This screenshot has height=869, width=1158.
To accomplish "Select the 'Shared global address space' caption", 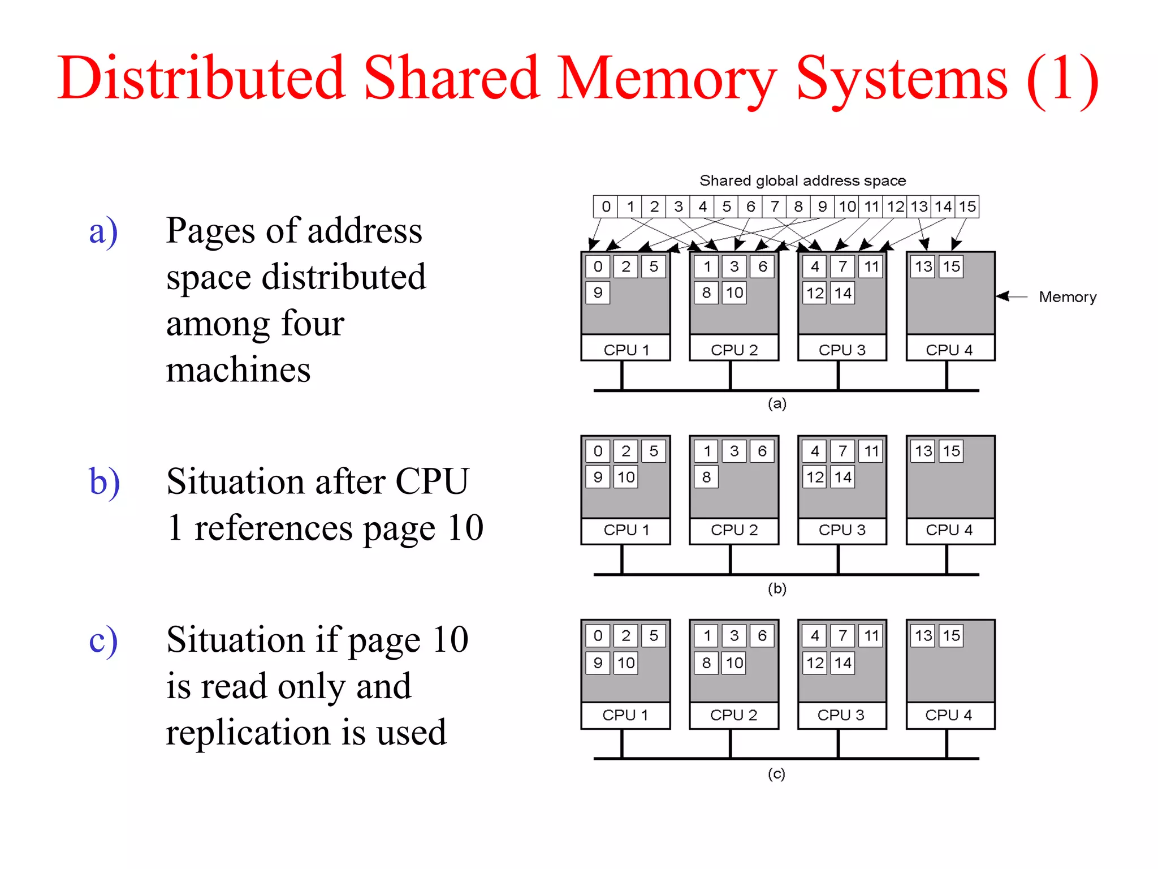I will (x=802, y=180).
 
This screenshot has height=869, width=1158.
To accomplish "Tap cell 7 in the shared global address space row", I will (x=775, y=207).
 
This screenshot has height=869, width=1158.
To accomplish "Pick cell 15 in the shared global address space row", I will (x=967, y=207).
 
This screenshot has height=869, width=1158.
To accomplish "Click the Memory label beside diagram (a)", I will (x=1067, y=297).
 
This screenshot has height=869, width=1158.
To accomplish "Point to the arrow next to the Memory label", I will (x=1011, y=296).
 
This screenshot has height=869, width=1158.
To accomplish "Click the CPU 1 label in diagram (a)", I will (x=626, y=350).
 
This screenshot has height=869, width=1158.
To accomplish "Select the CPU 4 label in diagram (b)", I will (x=949, y=530).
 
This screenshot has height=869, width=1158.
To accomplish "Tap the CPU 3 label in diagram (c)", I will (x=841, y=715).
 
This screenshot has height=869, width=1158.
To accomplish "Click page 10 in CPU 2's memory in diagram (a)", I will (x=734, y=292).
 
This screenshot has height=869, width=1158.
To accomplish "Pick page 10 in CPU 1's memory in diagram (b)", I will (x=626, y=477).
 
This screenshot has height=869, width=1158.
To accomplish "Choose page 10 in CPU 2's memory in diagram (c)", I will (x=734, y=662).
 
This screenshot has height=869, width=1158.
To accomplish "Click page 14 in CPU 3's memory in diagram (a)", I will (x=842, y=292).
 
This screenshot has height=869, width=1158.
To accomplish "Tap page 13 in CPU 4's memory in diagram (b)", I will (x=923, y=451).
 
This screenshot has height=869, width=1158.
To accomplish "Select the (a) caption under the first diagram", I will (x=777, y=403).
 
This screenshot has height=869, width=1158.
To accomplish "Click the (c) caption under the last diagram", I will (x=776, y=773).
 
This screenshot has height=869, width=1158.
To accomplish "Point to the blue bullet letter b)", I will (x=105, y=482).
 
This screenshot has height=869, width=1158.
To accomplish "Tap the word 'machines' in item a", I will (x=238, y=371).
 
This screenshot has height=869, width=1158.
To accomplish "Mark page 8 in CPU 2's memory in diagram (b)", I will (x=706, y=477).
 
